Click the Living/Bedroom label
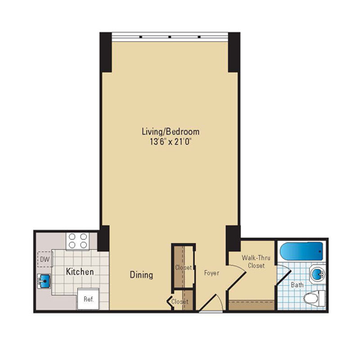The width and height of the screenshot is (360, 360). pos(170,131)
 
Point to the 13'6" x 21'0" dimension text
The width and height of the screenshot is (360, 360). pos(170,142)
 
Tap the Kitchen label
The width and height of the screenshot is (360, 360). pos(79,271)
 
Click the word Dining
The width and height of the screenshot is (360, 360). pos(141,274)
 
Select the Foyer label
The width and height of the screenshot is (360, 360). pos(211,273)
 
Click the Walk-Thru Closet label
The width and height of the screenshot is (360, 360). pos(256,262)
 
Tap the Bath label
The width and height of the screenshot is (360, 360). pos(297,285)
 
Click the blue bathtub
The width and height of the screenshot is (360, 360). pos(301,251)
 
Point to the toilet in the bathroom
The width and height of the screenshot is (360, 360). pos(314,298)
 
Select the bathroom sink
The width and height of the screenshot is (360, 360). pos(317,274)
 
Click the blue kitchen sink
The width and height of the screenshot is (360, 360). pos(44,280)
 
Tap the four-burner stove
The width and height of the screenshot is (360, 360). pos(78,241)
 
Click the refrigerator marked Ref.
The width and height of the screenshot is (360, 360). pos(88,298)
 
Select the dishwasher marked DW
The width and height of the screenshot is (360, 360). pos(45,259)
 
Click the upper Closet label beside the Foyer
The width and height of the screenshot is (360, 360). pos(183,268)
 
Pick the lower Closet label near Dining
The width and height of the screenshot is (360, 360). pos(179,301)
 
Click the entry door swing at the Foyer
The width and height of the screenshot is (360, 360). pos(211,303)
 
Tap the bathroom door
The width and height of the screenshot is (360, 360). pos(283,277)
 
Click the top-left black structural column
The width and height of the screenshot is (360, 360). pos(106,52)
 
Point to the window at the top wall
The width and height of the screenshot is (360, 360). pos(169,37)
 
